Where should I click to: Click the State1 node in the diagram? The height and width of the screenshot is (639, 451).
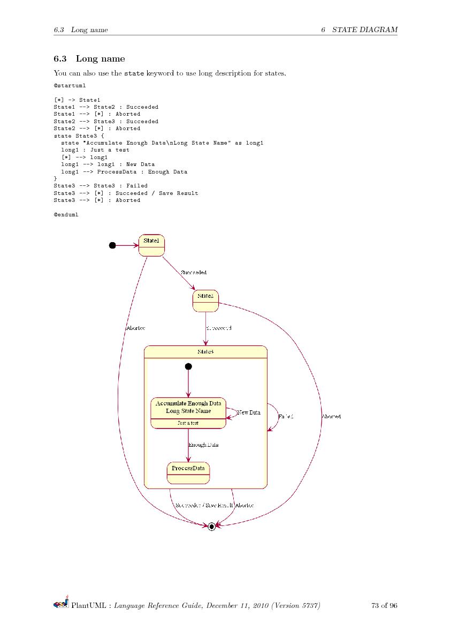151,245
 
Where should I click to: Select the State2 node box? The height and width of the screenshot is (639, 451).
205,300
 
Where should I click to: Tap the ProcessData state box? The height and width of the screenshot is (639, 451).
188,472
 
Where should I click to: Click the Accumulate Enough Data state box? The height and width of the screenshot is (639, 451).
188,412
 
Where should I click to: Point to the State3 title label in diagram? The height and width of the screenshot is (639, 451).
205,351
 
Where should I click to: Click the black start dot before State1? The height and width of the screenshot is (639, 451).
112,245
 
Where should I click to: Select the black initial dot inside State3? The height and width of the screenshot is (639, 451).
188,366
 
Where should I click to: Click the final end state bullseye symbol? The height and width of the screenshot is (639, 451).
211,527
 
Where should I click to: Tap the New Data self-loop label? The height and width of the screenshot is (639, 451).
249,412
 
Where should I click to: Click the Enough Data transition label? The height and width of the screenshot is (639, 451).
203,445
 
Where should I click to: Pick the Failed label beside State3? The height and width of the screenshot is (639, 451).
286,416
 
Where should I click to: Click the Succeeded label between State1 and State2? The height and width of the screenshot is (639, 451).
194,273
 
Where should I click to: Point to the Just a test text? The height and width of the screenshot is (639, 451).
188,423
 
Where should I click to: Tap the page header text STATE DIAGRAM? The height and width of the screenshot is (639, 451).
365,29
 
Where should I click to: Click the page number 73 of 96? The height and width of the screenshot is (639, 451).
384,606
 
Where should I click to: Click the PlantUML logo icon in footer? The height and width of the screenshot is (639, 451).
61,604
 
